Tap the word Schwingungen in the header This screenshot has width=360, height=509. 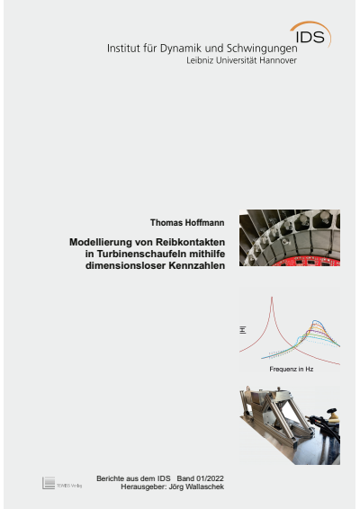click(254, 47)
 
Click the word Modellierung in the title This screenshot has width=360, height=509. click(102, 242)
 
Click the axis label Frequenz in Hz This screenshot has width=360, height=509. click(291, 370)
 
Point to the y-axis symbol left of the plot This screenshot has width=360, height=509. click(242, 330)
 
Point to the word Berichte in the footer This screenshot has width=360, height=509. click(111, 478)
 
